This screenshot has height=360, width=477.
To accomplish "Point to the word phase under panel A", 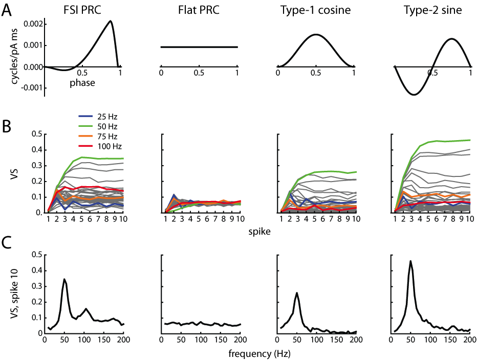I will point(82,82).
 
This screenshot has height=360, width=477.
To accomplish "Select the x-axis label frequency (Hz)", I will point(257,352).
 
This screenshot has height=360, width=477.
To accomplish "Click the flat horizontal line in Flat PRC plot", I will point(199,47).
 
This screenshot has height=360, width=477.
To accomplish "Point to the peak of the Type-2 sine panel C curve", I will point(410,261).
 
